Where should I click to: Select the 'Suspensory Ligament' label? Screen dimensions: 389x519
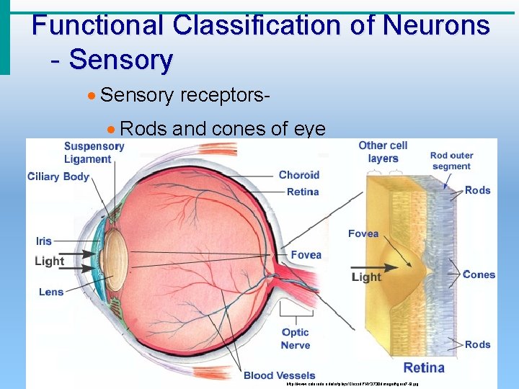pos(94,153)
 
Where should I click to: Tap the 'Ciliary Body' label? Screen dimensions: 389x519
pos(58,176)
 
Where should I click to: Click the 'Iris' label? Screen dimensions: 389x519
pos(43,241)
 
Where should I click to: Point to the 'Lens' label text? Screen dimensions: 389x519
pos(51,292)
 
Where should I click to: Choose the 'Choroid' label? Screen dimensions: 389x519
pos(298,175)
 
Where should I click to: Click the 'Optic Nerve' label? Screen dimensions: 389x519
pos(296,339)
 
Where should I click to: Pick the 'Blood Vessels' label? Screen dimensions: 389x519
pos(279,375)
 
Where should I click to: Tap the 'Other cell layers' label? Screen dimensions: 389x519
pos(383,152)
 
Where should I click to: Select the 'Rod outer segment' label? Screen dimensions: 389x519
pos(451,161)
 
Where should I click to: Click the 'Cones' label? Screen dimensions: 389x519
pos(479,274)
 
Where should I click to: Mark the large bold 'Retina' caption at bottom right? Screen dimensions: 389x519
pos(424,367)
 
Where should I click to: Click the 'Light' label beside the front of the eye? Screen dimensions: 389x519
pos(49,261)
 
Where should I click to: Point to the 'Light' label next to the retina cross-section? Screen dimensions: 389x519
pos(366,277)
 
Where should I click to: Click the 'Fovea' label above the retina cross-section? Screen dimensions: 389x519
pos(363,233)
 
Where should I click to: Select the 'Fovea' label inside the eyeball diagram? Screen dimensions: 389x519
pos(306,255)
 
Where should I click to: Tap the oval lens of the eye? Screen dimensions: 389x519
pos(116,261)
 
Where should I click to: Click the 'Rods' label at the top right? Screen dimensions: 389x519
pos(477,190)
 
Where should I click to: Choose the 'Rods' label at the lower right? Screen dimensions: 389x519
pos(477,344)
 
